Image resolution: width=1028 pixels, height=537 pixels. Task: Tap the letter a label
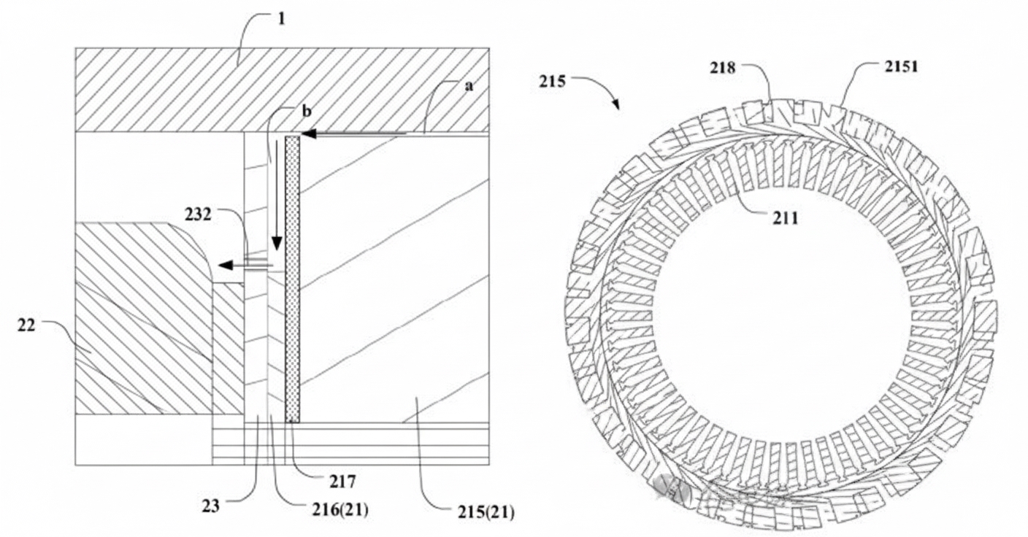(469, 85)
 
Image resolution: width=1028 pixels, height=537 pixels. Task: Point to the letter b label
(307, 111)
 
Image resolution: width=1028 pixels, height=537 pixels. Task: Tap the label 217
(342, 482)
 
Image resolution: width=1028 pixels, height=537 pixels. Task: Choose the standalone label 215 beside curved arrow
(553, 81)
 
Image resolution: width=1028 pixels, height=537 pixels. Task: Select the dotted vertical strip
(293, 277)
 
